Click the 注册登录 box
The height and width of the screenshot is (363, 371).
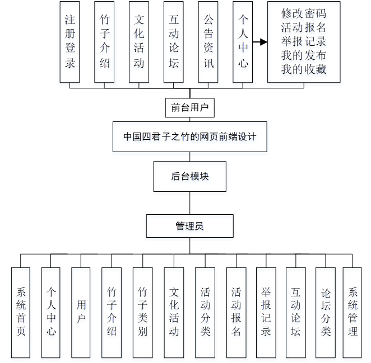(x=70, y=42)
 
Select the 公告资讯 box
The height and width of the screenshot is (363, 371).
(x=208, y=42)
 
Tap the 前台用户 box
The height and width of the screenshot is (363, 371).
(x=190, y=107)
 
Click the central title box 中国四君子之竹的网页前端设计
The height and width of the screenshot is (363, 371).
(x=190, y=136)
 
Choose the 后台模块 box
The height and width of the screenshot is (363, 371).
(x=190, y=176)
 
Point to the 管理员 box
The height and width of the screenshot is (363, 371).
(x=189, y=226)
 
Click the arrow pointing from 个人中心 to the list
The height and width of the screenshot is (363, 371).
(x=258, y=42)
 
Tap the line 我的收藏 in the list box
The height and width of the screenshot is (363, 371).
(x=304, y=69)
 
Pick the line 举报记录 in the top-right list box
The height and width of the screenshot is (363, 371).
(x=304, y=41)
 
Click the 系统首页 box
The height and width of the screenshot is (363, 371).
(x=21, y=312)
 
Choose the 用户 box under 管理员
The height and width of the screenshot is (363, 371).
(x=81, y=312)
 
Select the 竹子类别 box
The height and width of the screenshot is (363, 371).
(x=142, y=312)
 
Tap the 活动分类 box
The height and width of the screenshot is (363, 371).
(x=205, y=312)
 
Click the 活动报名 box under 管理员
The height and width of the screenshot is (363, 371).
(x=236, y=312)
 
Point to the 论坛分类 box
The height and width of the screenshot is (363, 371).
(x=326, y=312)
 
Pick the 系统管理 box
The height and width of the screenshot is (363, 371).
(x=353, y=312)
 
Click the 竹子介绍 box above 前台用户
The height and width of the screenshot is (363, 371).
(x=104, y=42)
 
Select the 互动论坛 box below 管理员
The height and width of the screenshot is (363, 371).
(x=295, y=312)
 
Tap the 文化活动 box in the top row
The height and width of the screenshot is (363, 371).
(x=138, y=42)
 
